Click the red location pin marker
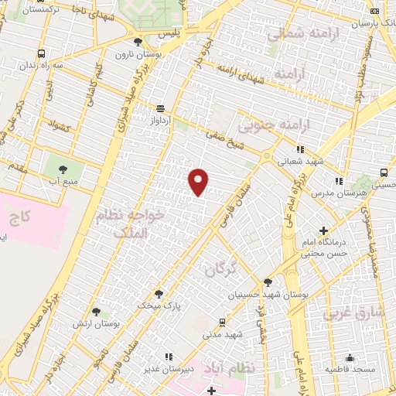coord(199,182)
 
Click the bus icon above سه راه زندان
coord(40,54)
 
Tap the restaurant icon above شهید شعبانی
coord(300,148)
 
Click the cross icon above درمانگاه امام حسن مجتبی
coord(323,230)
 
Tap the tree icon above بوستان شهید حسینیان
coord(268,282)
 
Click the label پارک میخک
coord(159,306)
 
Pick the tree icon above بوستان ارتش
coord(96,312)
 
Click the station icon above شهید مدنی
coord(223,323)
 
